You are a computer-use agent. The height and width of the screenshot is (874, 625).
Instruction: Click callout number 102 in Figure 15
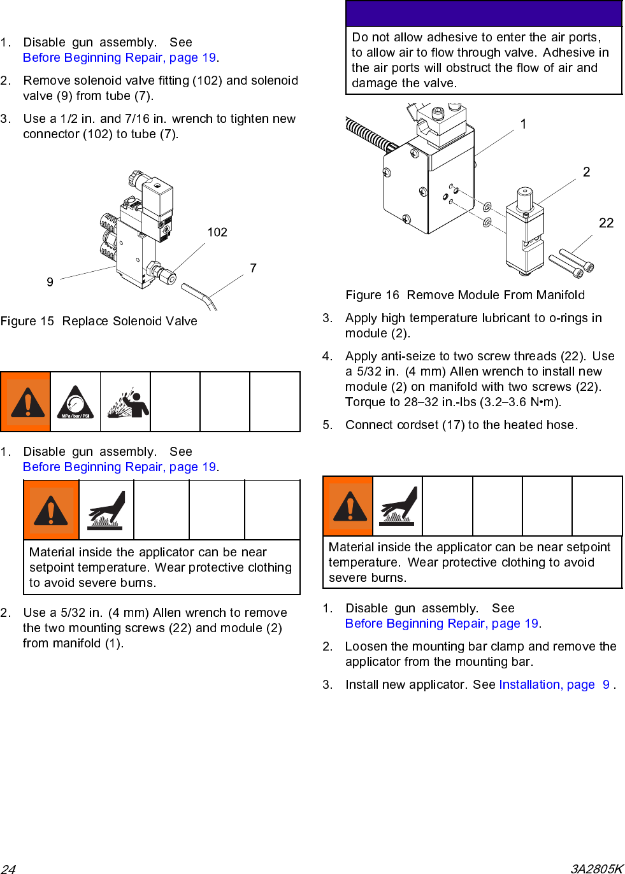point(217,232)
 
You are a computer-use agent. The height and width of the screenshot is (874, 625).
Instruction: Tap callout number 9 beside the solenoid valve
point(50,282)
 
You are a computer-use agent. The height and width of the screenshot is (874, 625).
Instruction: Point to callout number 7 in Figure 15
point(253,268)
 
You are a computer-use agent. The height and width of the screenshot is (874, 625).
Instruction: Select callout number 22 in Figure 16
point(606,223)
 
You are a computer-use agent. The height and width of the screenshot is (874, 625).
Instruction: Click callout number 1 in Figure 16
point(523,124)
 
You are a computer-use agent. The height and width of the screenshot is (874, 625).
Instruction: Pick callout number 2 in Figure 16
point(586,172)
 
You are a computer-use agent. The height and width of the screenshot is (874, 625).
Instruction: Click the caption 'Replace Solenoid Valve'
point(129,321)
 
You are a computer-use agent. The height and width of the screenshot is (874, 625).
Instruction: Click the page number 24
point(8,869)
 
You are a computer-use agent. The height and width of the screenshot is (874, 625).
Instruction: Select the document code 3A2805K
point(596,869)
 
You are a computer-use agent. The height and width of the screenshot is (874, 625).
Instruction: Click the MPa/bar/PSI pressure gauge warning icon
point(75,402)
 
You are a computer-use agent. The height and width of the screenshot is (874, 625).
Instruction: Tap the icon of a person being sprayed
point(126,402)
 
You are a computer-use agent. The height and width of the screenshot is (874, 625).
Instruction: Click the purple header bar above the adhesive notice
point(484,13)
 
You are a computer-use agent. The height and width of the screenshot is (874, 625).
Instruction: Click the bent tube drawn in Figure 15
point(199,296)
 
